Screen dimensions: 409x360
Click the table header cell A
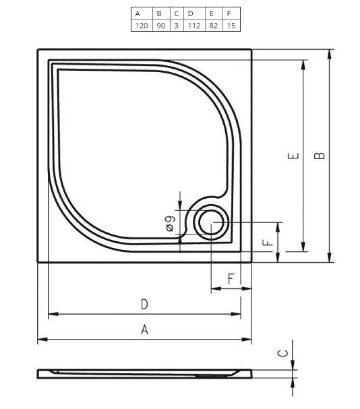pos(138,13)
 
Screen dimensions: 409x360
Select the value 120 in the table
pos(141,25)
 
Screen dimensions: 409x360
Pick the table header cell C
pos(176,13)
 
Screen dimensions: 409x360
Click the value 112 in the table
pos(193,25)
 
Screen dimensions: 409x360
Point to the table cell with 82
pos(214,25)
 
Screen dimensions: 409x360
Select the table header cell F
pos(230,13)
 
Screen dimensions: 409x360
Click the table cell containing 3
pos(176,25)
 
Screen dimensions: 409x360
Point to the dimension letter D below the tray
pos(144,305)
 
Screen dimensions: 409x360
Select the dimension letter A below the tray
pos(144,329)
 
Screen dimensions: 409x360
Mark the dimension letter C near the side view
pos(284,353)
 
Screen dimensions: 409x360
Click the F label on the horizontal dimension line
pos(231,278)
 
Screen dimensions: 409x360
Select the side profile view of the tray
pos(144,373)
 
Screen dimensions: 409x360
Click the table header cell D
pos(191,13)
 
